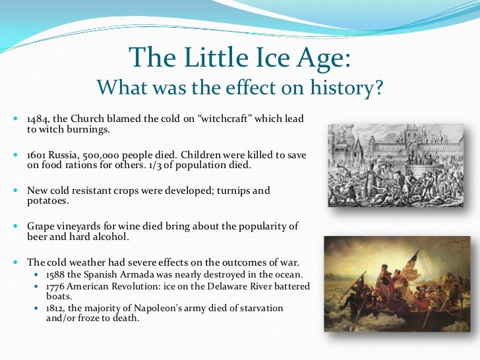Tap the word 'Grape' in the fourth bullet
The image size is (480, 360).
tap(40, 227)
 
